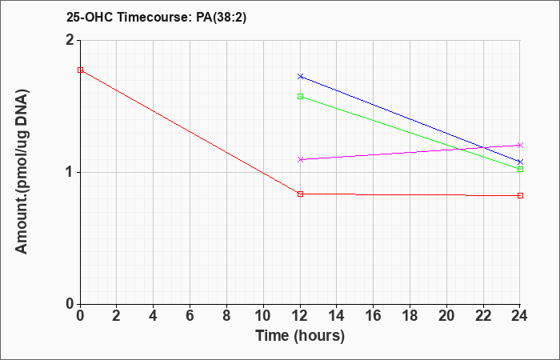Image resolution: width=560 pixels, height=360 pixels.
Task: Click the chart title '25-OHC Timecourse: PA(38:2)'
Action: [156, 18]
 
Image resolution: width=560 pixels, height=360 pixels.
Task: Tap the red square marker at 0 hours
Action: [80, 70]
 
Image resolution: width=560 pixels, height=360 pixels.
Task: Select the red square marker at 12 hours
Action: [300, 194]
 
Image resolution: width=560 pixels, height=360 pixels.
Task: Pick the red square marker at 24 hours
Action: [520, 196]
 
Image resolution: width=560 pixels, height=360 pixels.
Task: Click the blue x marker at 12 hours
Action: [300, 77]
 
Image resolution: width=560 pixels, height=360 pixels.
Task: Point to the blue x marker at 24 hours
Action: [520, 162]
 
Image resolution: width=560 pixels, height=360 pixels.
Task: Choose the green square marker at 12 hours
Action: [300, 97]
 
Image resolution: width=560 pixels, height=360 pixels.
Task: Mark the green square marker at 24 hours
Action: [520, 170]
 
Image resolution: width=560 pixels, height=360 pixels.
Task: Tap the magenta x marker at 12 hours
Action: [300, 160]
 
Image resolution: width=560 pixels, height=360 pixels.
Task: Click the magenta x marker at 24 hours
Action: [520, 146]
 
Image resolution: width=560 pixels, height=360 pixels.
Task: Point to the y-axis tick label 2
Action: [70, 40]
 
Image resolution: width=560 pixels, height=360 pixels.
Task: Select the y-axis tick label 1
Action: [70, 173]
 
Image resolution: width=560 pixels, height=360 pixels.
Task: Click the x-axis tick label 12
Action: [300, 316]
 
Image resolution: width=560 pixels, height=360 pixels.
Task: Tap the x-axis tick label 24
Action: [520, 316]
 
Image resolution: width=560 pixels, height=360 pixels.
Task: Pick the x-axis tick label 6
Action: [190, 316]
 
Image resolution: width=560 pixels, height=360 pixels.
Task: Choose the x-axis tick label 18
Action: [410, 316]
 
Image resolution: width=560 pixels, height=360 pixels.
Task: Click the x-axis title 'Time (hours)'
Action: [300, 336]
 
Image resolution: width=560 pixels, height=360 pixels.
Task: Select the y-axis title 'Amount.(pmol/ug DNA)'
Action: [22, 172]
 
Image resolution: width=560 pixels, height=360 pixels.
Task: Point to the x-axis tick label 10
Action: [263, 316]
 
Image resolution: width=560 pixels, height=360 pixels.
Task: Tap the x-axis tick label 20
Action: [446, 316]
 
